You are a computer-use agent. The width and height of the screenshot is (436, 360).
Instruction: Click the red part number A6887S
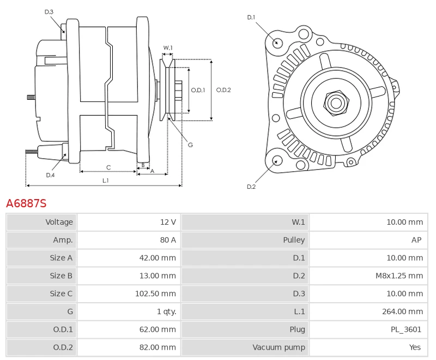[26, 203]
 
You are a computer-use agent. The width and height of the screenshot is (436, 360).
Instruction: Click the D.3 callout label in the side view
[49, 11]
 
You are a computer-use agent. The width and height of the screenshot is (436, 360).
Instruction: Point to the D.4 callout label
[50, 175]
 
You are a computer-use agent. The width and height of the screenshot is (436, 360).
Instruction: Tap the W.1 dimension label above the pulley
[168, 48]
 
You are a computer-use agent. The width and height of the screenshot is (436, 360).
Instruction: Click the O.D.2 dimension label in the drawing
[223, 90]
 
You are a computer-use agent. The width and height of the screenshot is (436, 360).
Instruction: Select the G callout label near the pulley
[190, 145]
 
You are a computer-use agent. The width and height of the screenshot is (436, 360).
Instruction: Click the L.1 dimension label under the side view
[105, 180]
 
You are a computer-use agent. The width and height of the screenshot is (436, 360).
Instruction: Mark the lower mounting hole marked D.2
[277, 160]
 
